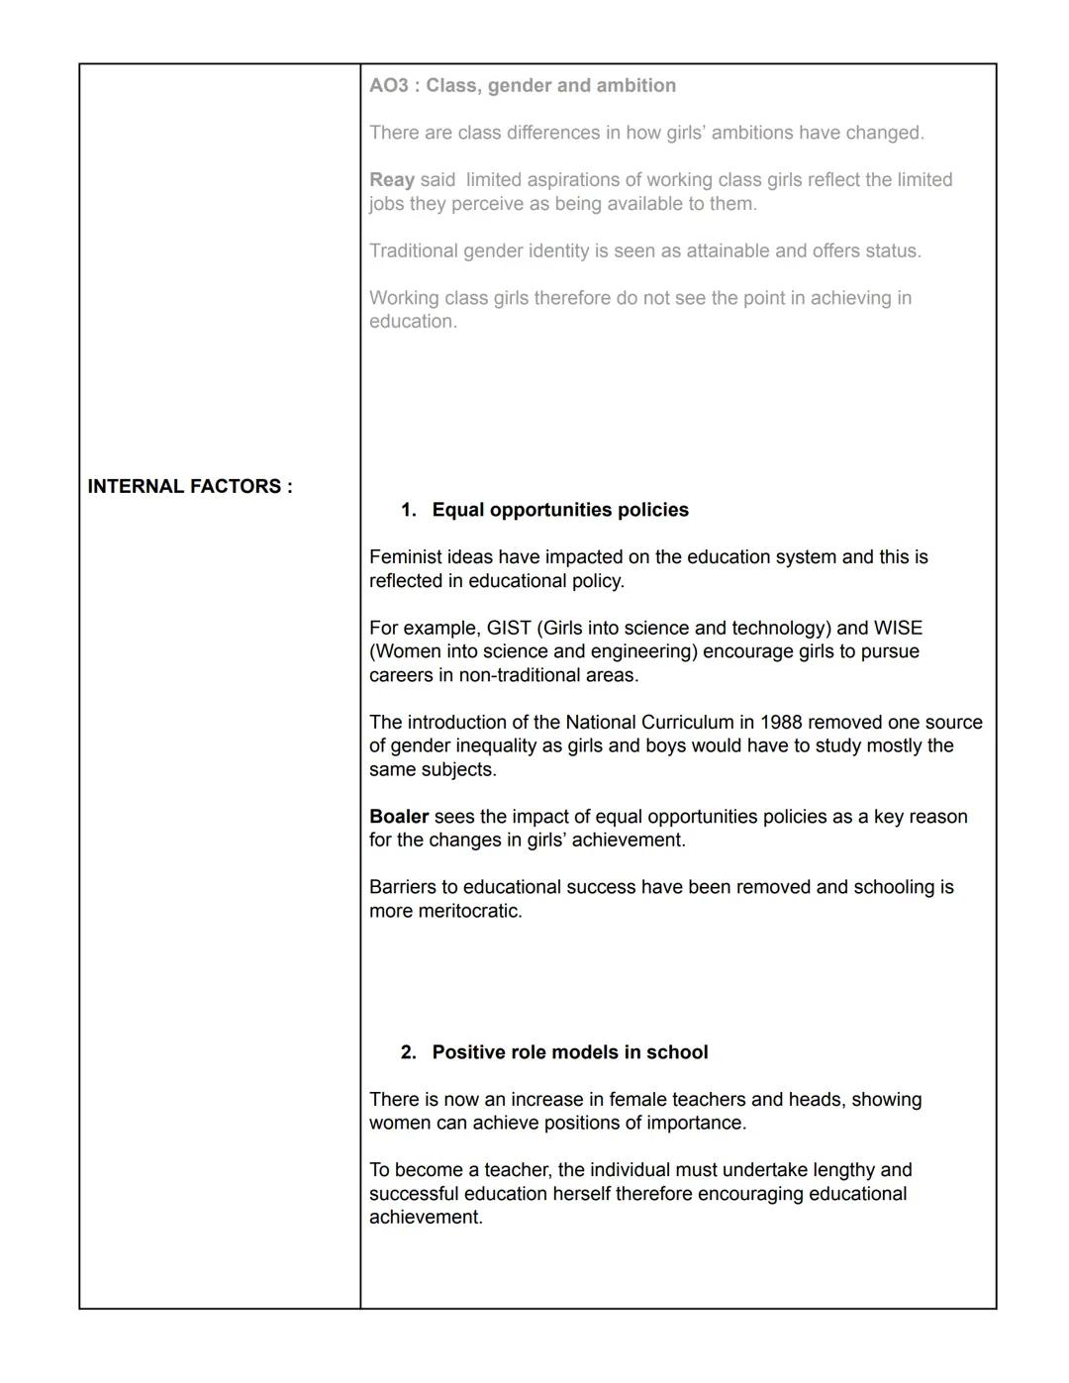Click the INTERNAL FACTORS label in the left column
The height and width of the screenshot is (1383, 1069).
coord(190,486)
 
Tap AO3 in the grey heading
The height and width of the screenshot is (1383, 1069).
coord(388,85)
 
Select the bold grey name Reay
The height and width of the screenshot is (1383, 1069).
coord(392,180)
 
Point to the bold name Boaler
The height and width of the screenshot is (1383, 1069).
coord(398,817)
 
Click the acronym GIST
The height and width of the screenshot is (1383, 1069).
coord(509,628)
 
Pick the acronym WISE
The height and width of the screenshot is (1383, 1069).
coord(898,628)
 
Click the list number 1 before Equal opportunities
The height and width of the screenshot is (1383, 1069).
coord(407,510)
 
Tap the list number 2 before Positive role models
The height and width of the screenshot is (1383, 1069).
coord(407,1052)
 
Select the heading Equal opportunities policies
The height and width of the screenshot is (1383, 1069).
coord(560,510)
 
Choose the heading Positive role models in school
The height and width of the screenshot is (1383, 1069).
coord(570,1052)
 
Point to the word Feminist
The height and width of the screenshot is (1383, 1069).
coord(406,557)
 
